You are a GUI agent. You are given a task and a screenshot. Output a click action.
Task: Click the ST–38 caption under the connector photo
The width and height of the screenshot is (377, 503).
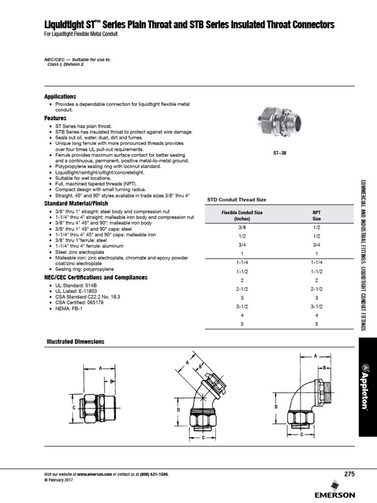click(279, 153)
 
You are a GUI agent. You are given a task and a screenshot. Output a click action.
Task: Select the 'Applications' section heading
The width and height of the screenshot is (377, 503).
click(60, 97)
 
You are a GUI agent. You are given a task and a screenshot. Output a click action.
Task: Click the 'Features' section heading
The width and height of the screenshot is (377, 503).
click(55, 118)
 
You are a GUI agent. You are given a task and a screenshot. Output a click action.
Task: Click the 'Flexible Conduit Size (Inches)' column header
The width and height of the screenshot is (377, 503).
click(242, 216)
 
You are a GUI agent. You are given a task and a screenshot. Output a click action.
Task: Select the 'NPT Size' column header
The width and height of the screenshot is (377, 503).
click(317, 216)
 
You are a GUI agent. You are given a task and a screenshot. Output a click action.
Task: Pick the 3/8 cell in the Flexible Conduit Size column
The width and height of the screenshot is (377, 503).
click(242, 228)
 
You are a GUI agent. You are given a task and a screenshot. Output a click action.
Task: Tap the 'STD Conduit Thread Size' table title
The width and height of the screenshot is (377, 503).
click(237, 199)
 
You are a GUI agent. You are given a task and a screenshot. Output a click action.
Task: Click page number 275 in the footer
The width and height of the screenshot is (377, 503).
click(349, 474)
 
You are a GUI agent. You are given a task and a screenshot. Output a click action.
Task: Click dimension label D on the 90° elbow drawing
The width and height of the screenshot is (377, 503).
click(276, 407)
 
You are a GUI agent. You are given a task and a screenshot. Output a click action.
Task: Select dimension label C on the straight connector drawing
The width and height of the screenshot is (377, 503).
click(74, 407)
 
